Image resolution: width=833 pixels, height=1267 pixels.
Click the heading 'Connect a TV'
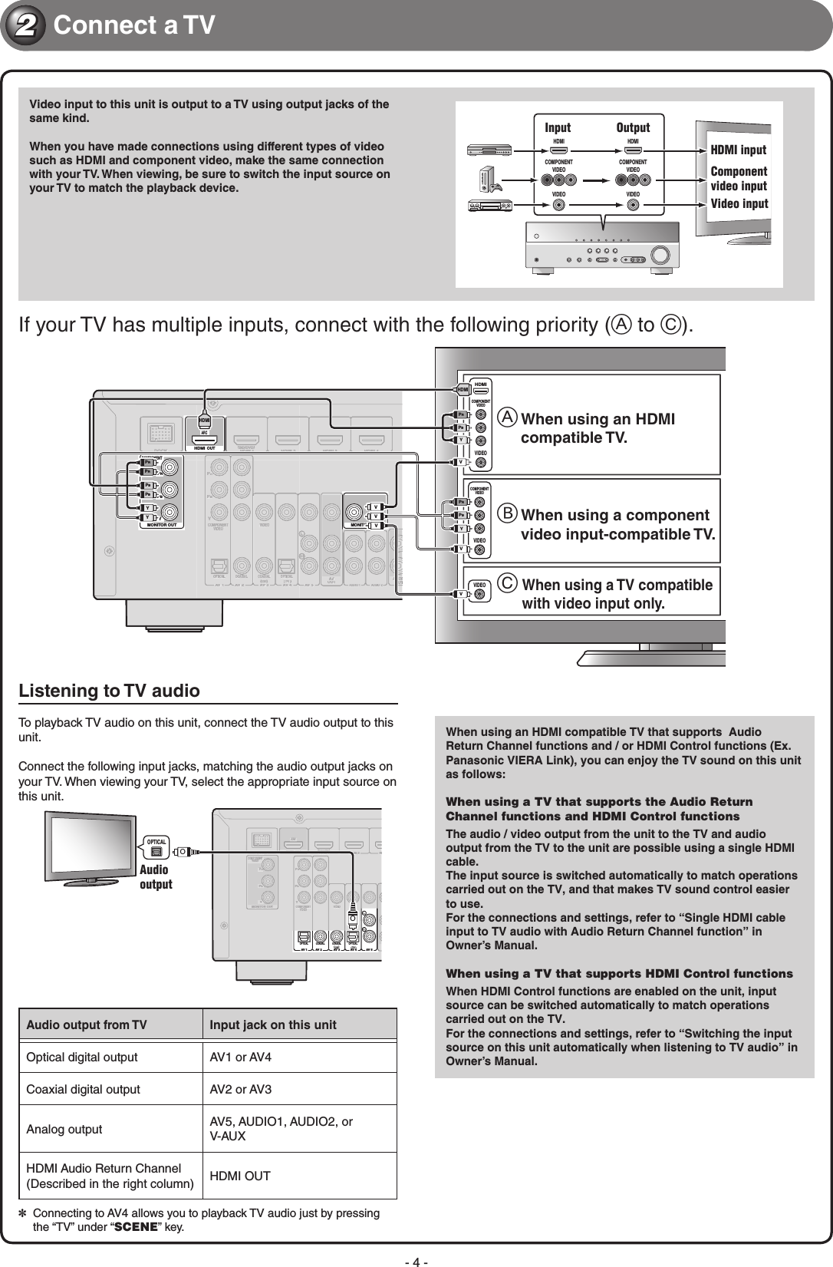pyautogui.click(x=134, y=26)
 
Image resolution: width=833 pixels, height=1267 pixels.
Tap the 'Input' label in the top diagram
pyautogui.click(x=558, y=127)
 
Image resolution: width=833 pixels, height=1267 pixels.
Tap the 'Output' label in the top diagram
pyautogui.click(x=633, y=127)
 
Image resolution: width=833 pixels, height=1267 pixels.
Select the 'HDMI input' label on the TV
pyautogui.click(x=739, y=150)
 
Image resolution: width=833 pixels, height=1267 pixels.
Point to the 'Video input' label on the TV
pyautogui.click(x=739, y=203)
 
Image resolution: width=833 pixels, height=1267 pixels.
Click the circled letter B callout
pyautogui.click(x=508, y=515)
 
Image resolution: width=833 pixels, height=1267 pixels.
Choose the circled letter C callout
pyautogui.click(x=508, y=586)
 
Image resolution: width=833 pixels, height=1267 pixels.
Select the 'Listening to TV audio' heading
pyautogui.click(x=109, y=691)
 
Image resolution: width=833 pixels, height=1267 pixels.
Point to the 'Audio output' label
pyautogui.click(x=155, y=877)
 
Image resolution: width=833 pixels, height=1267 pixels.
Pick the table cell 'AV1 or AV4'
pyautogui.click(x=240, y=1057)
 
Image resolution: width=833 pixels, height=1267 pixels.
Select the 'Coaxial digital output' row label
pyautogui.click(x=83, y=1090)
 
